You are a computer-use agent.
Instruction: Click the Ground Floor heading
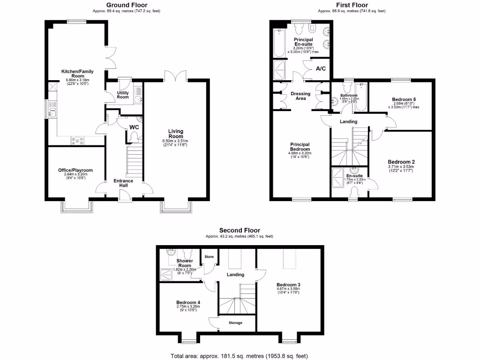127,5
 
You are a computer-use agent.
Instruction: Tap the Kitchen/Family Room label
77,74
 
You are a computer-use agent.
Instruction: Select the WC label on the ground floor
134,127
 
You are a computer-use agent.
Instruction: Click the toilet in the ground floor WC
135,136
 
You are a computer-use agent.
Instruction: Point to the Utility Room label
123,95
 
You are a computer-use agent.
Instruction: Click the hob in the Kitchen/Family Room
77,140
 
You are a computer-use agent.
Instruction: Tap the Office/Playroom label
75,170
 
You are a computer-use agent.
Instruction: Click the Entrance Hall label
123,183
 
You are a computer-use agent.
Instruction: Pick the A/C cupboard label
321,69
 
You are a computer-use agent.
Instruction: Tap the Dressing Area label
300,96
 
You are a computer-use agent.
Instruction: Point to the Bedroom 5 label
404,99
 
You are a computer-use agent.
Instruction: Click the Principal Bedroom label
300,146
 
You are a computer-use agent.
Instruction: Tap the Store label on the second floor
209,257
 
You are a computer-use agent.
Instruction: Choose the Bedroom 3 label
288,285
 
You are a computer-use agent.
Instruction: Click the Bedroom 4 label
188,302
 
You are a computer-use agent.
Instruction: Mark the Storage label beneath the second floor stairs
236,322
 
